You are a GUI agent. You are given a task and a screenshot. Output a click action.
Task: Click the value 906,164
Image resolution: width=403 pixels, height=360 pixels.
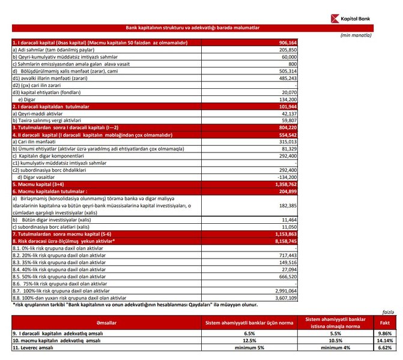coord(286,43)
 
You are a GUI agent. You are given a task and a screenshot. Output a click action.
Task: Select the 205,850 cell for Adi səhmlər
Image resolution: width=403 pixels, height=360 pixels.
coord(286,50)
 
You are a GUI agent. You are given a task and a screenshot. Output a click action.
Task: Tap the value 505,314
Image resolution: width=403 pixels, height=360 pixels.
coord(286,70)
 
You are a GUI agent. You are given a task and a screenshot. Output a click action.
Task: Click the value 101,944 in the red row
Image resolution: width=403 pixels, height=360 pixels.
coord(286,105)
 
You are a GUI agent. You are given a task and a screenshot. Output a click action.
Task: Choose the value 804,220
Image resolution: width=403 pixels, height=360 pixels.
coord(286,127)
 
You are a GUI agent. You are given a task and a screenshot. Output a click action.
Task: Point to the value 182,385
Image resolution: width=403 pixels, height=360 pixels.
coord(286,205)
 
